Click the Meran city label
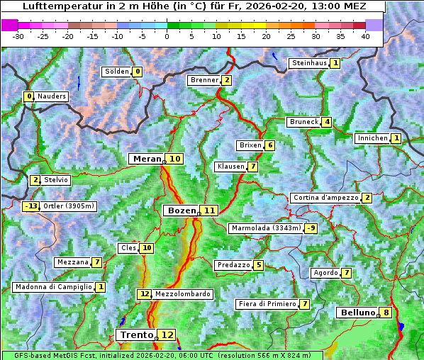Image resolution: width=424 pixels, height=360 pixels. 147,159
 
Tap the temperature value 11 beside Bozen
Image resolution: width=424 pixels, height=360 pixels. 209,210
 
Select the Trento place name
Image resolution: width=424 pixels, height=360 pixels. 137,334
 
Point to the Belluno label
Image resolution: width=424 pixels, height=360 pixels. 357,313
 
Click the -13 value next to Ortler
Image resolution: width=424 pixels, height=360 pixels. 31,206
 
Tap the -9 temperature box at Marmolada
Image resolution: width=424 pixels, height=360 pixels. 311,228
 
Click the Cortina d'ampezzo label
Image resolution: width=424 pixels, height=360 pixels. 325,198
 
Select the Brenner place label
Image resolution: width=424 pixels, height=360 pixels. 204,80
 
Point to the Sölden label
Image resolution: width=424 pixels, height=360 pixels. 117,72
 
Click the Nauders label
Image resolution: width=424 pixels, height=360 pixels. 52,96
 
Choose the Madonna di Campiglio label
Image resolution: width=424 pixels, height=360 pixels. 53,287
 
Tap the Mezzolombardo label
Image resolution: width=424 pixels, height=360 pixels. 182,294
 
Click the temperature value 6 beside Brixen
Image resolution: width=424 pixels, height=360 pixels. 269,145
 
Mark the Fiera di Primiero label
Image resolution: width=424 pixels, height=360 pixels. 267,304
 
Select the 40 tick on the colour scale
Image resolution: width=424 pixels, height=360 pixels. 365,37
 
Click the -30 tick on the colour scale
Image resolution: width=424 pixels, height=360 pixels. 18,37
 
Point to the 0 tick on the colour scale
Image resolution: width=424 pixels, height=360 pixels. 167,37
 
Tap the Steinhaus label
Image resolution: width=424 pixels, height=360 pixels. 310,63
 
